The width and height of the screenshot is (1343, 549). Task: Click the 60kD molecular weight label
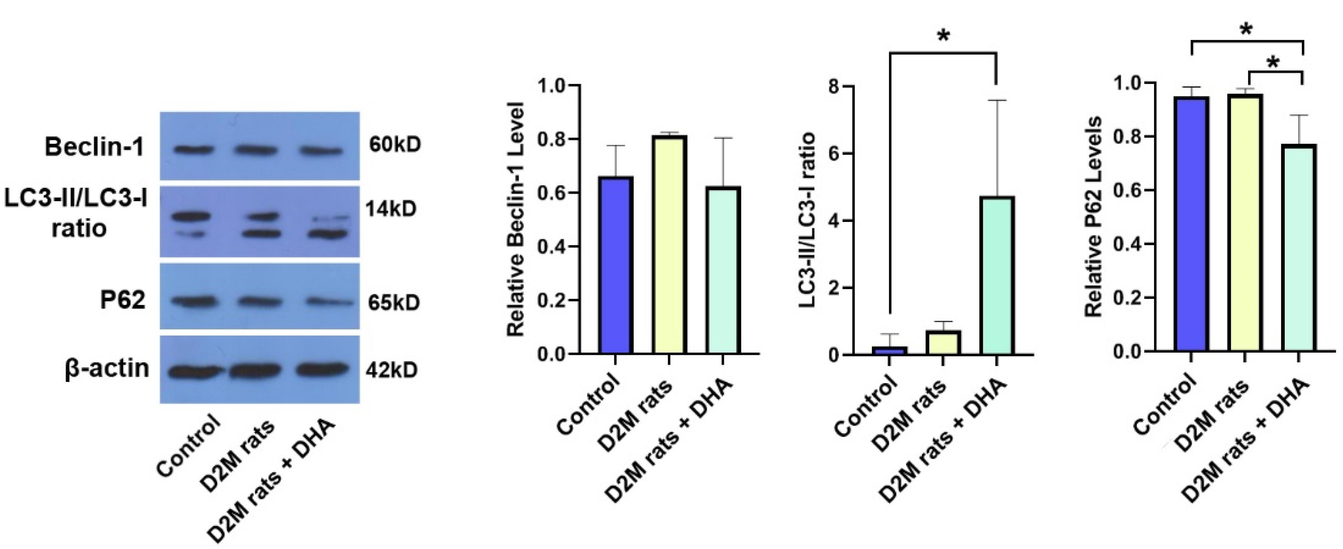pos(395,145)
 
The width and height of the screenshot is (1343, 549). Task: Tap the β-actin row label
pos(107,369)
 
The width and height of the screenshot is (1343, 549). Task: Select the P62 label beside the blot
pos(122,301)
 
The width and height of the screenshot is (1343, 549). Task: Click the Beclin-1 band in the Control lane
pos(194,150)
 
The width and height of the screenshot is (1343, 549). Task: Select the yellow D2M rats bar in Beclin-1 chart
pos(669,245)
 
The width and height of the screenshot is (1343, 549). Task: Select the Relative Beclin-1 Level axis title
pos(516,219)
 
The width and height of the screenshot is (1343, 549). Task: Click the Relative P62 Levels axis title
pos(1094,216)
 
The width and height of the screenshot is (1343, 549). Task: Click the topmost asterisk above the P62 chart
pos(1246,30)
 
